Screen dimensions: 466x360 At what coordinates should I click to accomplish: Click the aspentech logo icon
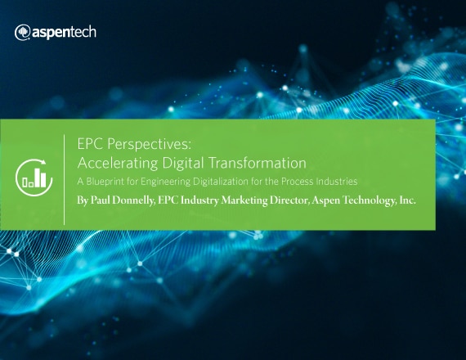22,32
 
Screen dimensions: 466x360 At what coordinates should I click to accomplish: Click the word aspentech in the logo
64,32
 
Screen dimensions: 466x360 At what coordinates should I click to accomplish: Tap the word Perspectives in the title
148,144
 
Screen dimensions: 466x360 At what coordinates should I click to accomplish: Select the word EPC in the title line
91,144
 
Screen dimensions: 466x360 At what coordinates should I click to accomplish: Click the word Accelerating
118,164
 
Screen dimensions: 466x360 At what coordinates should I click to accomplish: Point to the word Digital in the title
183,164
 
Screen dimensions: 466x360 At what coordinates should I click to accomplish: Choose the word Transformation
257,163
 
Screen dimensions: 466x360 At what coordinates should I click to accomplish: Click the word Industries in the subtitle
337,181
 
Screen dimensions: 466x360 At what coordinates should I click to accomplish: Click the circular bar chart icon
34,178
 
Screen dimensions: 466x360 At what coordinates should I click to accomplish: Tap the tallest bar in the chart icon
37,178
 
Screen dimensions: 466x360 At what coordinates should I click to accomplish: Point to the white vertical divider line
65,180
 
